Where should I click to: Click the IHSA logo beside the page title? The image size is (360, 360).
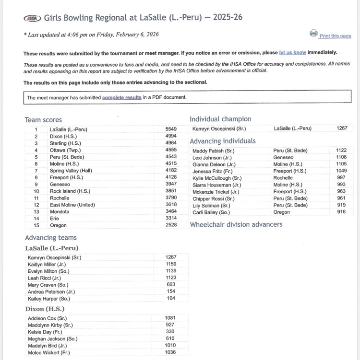tap(33, 18)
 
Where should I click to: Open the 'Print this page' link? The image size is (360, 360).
tap(335, 36)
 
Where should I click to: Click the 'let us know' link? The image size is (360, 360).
tap(292, 52)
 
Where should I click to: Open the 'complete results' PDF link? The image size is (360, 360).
tap(122, 97)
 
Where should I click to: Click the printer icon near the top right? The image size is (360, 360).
tap(313, 34)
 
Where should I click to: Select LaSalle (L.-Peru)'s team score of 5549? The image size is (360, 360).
tap(171, 129)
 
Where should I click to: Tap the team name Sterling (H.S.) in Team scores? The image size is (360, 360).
tap(65, 143)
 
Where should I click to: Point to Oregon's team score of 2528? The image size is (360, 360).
tap(171, 225)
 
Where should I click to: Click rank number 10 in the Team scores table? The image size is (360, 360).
tap(36, 191)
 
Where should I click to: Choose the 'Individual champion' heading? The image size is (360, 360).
tap(220, 119)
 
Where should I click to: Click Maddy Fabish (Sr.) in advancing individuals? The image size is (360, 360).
tap(213, 151)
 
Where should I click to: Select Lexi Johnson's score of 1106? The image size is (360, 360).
tap(341, 157)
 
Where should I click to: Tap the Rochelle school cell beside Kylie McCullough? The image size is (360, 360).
tap(283, 178)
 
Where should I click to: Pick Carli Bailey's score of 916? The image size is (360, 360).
tap(341, 212)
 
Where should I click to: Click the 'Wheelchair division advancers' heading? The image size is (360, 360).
tap(236, 224)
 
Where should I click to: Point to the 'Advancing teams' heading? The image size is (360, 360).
tap(50, 238)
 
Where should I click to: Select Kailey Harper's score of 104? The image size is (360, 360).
tap(171, 298)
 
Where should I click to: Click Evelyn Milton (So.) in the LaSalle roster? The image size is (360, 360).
tap(48, 271)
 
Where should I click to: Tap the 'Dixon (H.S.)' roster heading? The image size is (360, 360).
tap(45, 309)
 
